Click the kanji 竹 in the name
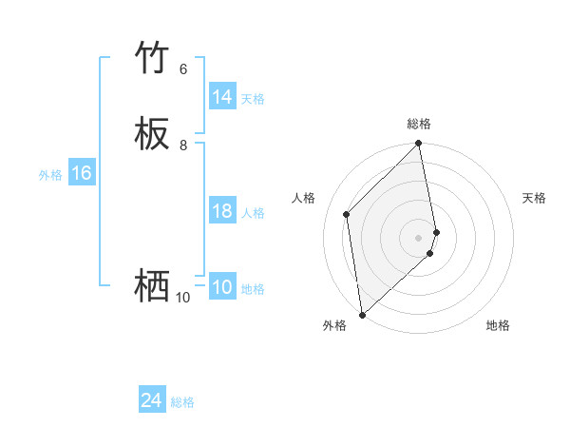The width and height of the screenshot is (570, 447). tap(152, 59)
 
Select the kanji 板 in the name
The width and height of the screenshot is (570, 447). tap(152, 135)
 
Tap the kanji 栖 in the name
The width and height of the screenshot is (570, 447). tap(152, 285)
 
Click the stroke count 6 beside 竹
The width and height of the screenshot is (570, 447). tap(183, 69)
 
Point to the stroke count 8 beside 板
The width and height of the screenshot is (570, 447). tap(183, 146)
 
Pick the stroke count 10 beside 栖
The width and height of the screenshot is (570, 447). tap(182, 298)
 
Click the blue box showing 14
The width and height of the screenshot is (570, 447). tap(222, 97)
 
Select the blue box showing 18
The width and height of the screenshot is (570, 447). tap(222, 211)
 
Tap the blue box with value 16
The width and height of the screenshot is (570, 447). tap(81, 173)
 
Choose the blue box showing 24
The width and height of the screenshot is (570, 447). tap(152, 400)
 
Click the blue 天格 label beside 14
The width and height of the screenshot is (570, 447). tap(253, 99)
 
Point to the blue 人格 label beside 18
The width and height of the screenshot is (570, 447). tap(253, 213)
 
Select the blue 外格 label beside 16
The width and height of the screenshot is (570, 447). tap(50, 175)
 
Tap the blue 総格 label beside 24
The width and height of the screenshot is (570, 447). tap(182, 402)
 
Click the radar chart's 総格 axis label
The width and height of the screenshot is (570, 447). tap(419, 124)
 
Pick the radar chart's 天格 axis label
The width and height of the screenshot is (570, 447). tap(534, 198)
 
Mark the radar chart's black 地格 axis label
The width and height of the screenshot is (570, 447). tap(498, 325)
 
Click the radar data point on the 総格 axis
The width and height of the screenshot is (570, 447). tap(419, 144)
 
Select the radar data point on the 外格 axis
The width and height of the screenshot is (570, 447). tap(362, 314)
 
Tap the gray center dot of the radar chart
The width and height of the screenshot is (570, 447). tap(419, 237)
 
